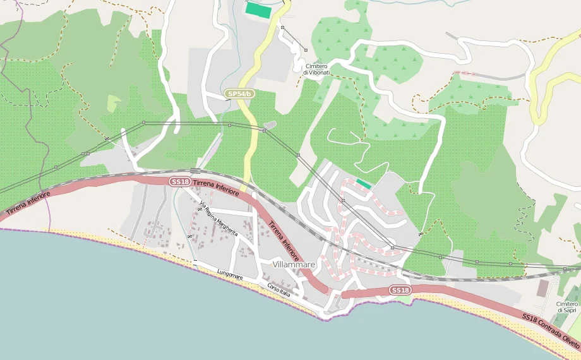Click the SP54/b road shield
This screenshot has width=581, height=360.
point(240,94)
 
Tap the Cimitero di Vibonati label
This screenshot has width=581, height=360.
point(316,69)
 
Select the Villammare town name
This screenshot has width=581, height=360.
point(294,265)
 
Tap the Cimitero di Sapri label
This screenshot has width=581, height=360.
point(567,307)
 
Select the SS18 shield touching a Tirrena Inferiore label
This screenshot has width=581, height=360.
point(180,182)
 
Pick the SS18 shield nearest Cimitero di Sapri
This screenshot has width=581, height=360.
point(400,290)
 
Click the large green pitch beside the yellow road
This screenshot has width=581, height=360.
point(258,9)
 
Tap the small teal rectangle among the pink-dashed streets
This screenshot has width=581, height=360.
point(363,183)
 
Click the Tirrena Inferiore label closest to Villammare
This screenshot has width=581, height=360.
point(283,243)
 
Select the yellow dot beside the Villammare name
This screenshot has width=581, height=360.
point(273,265)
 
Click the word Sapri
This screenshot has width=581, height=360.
point(570,311)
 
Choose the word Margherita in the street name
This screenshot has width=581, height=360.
point(227,227)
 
